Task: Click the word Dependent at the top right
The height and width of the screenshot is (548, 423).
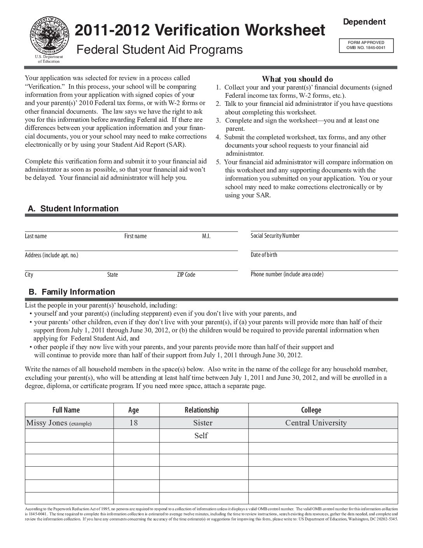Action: tap(364, 22)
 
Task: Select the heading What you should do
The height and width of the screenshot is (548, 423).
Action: tap(297, 79)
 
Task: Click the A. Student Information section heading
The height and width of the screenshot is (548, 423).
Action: tap(73, 209)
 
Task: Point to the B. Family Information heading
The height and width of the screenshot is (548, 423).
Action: tap(72, 292)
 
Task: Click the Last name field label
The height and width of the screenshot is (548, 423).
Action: tap(36, 236)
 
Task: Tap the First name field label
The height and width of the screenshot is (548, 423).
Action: tap(135, 236)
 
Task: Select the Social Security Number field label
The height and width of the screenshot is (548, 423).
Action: tap(275, 236)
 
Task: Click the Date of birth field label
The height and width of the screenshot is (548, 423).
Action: tap(264, 255)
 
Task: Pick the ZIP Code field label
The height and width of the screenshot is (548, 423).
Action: tap(186, 275)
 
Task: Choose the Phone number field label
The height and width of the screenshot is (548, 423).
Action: tap(287, 274)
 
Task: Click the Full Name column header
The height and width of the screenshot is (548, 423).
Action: tap(66, 410)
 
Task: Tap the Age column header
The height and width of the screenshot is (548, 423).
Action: tap(133, 410)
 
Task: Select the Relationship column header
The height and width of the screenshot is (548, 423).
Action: tap(202, 410)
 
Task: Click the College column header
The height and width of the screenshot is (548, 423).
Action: tap(311, 410)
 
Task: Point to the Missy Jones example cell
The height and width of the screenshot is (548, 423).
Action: tap(58, 423)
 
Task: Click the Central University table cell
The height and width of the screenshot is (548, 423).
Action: tap(316, 423)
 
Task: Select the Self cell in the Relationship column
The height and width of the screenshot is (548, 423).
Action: tap(201, 436)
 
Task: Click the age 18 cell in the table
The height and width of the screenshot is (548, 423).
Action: tap(133, 423)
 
